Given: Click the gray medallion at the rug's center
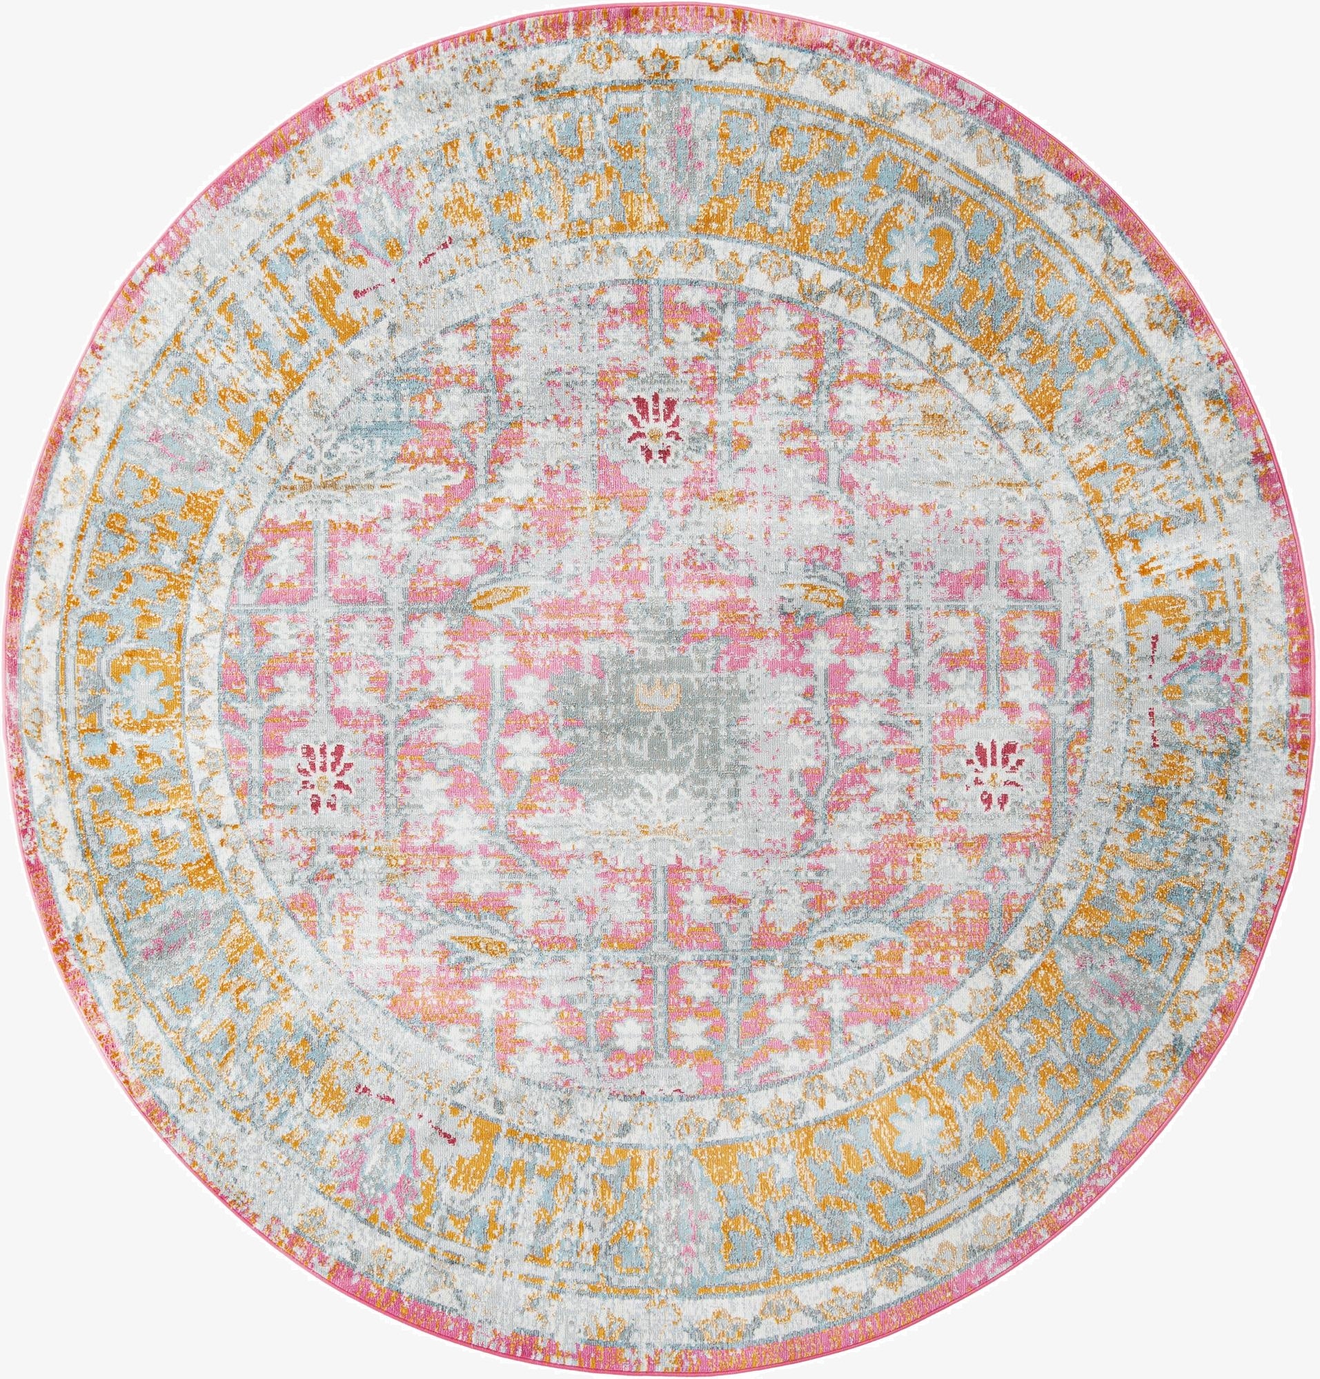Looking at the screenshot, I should coord(654,724).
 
